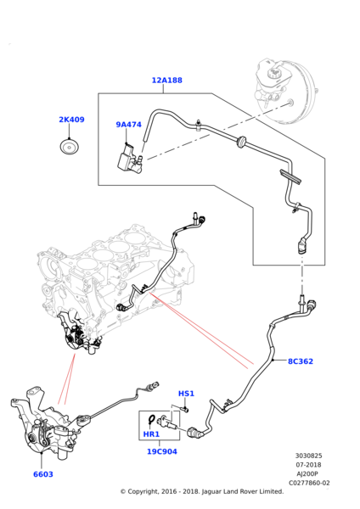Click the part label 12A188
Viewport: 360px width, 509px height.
167,81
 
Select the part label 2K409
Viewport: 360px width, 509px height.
71,120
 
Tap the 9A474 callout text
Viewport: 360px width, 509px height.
129,125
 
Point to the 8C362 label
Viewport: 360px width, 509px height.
301,361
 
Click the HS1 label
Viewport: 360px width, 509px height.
186,394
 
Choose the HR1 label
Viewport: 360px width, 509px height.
151,434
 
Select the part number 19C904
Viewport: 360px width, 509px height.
162,451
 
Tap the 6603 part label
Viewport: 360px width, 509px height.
43,474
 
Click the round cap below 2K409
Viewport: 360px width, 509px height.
70,147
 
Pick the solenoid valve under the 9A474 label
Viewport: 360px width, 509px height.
129,159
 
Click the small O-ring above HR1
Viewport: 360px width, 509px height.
152,419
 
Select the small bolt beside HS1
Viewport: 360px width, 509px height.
185,409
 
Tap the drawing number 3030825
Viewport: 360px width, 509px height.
309,456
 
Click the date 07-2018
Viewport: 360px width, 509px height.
309,465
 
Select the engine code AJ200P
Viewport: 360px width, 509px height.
307,474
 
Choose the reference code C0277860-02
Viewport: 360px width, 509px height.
309,483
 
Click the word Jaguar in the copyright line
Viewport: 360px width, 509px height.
211,492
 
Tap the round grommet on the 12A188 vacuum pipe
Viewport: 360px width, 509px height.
242,142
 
